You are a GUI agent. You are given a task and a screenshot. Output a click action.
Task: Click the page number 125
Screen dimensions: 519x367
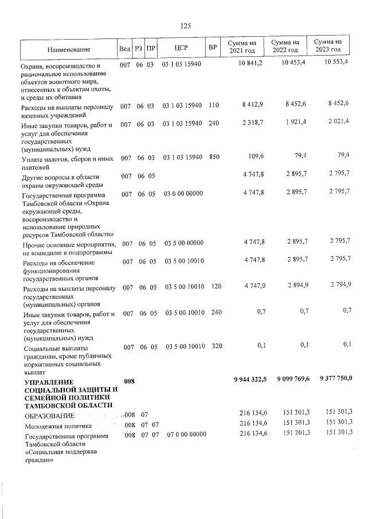[185, 26]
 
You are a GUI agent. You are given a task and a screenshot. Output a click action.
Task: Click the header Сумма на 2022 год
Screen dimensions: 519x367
[285, 46]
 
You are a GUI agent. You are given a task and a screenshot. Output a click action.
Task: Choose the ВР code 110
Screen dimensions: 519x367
[214, 106]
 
